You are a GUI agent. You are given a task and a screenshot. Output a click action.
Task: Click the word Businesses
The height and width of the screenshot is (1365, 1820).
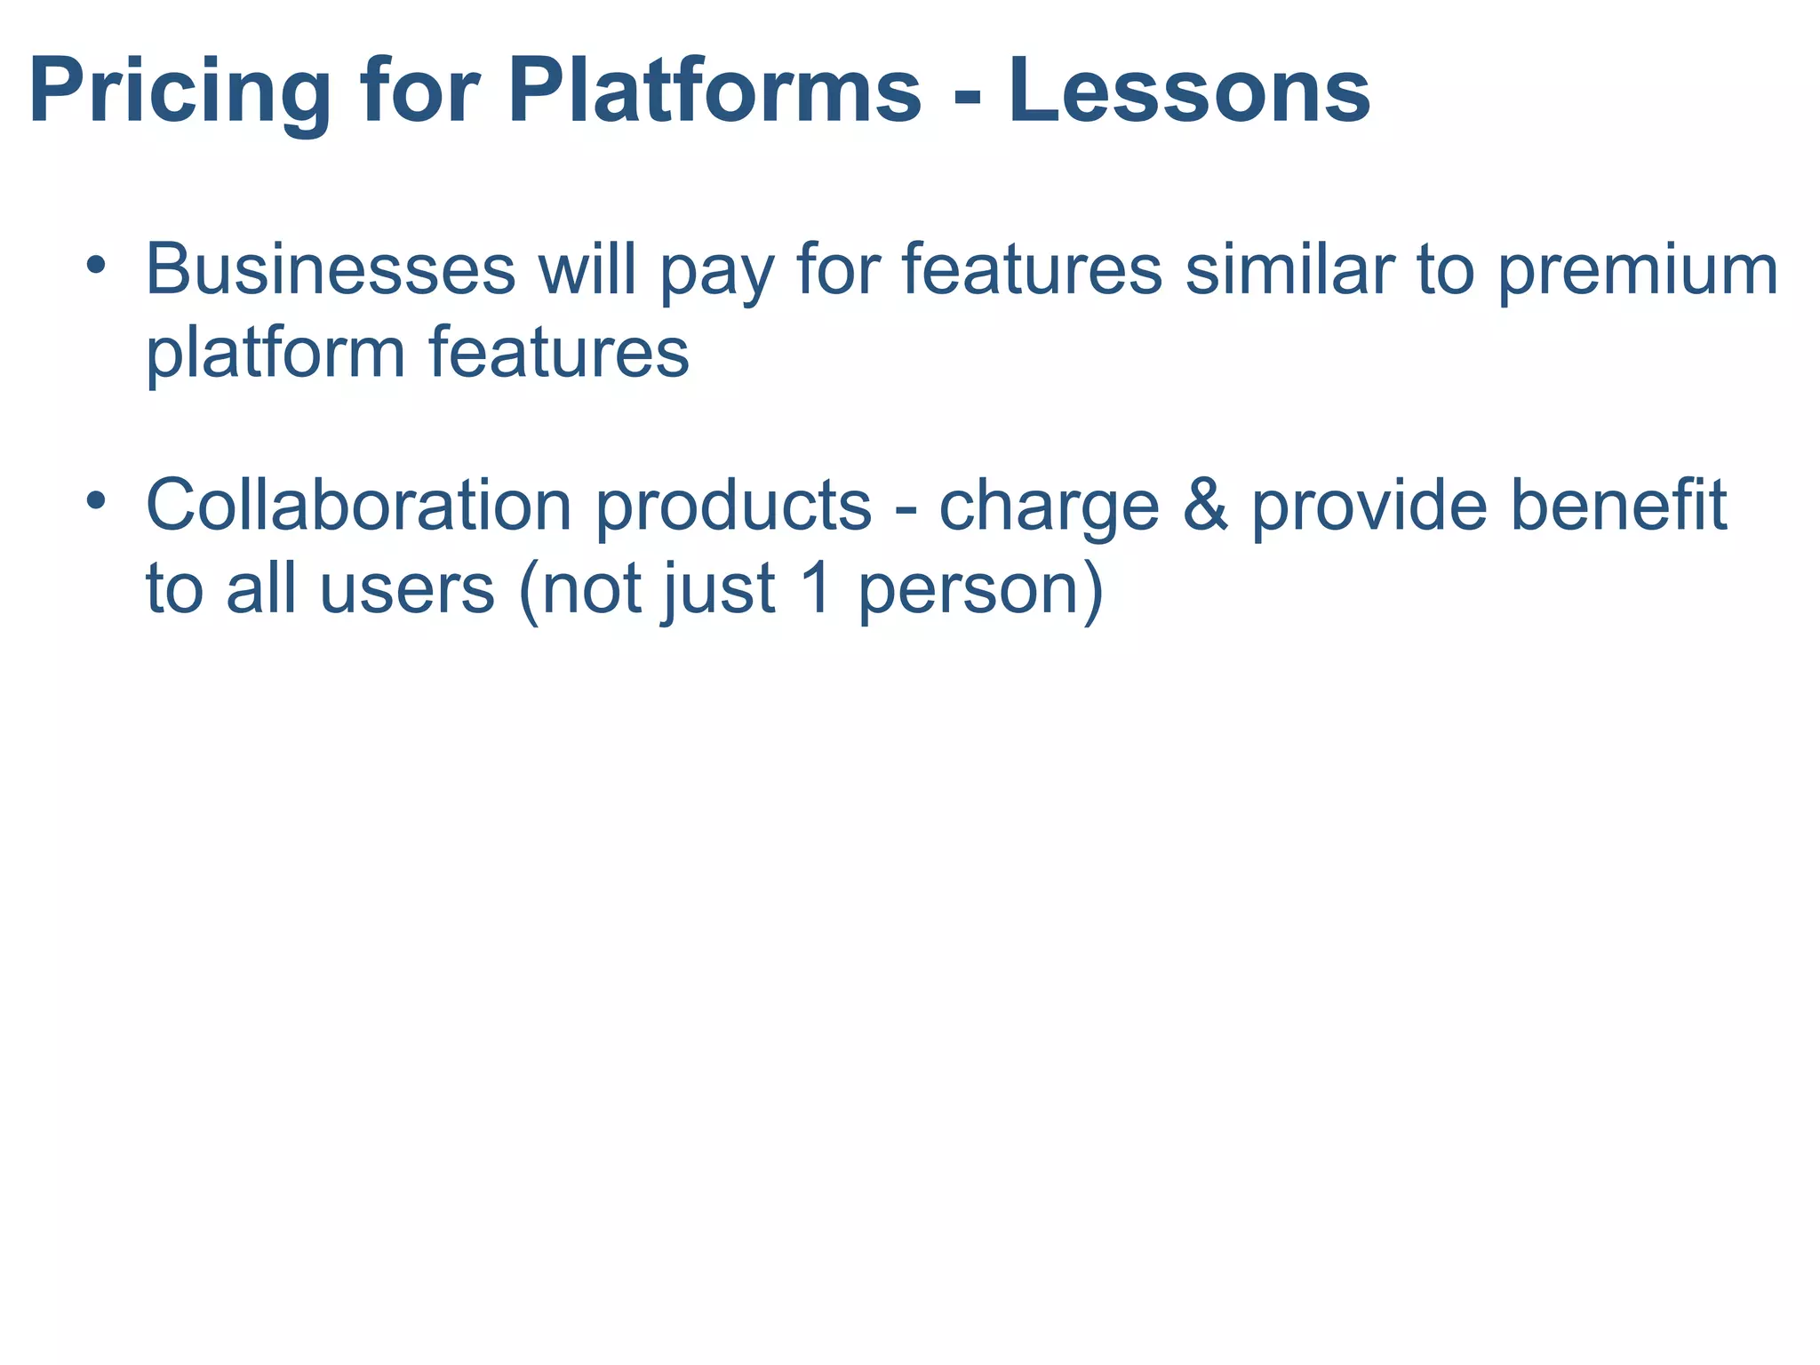coord(331,269)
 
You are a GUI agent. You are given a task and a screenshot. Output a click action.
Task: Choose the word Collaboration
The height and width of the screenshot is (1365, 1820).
coord(359,505)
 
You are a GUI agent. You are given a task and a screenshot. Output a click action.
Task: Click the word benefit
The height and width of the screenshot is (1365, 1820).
coord(1618,505)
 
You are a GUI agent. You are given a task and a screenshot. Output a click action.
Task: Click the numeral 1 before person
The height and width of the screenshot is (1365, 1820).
coord(815,588)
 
